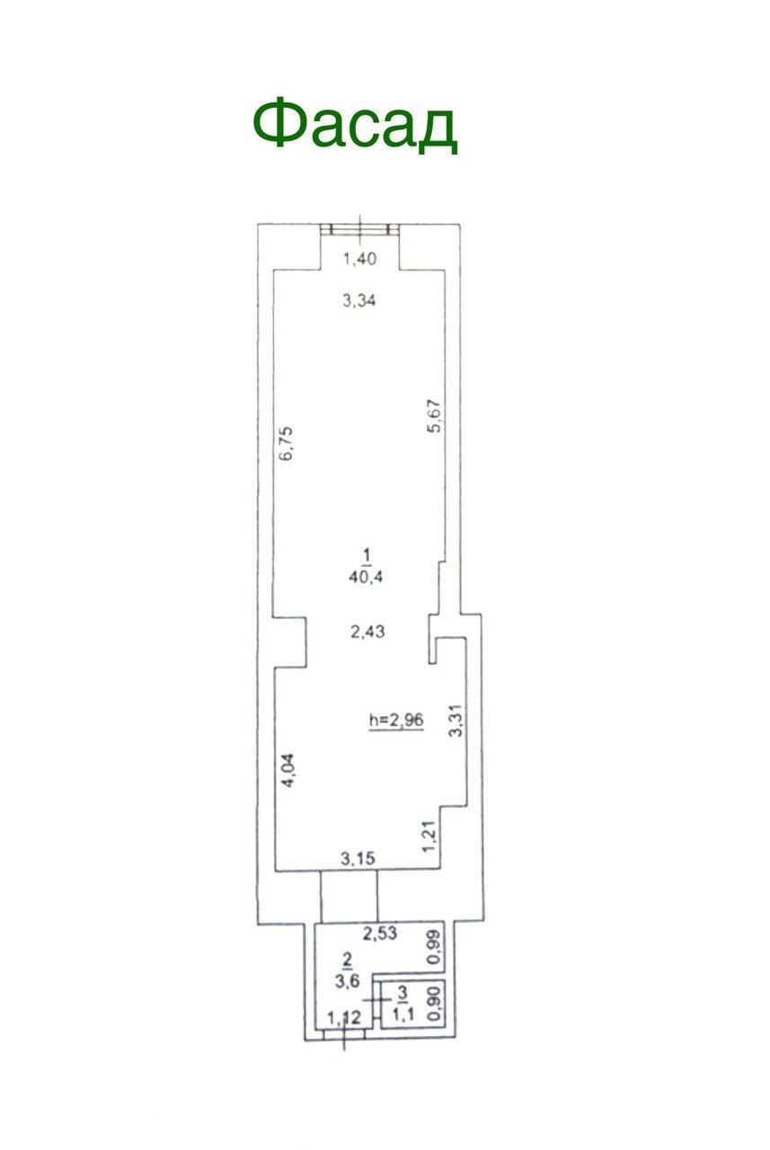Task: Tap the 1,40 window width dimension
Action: [360, 259]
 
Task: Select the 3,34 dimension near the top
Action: [359, 300]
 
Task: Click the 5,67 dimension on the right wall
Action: [435, 416]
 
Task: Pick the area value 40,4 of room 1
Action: [366, 577]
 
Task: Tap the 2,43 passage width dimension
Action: [367, 631]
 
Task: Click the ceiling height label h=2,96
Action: [397, 720]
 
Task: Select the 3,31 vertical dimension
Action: [456, 720]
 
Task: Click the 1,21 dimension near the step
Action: [429, 837]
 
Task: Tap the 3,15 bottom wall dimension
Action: [358, 857]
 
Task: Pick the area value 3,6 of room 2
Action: [347, 981]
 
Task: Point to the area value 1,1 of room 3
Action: [403, 1014]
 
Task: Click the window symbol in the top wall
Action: [360, 229]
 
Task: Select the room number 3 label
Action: [403, 994]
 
